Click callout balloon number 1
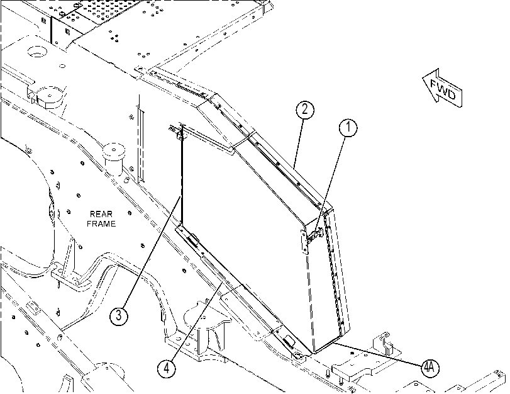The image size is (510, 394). (x=348, y=128)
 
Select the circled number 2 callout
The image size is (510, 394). (x=305, y=109)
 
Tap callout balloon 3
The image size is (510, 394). (x=119, y=315)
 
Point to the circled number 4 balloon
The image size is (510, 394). (x=167, y=369)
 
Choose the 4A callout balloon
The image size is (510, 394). (x=430, y=368)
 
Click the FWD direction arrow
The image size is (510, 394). (x=442, y=88)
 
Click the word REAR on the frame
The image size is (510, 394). (x=101, y=214)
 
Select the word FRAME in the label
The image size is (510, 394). (x=101, y=223)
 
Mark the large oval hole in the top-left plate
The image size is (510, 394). (x=37, y=52)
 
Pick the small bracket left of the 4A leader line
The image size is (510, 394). (x=385, y=344)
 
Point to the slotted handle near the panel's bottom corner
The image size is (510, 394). (x=289, y=341)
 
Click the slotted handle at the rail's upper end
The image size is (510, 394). (x=193, y=240)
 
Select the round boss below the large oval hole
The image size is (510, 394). (x=50, y=97)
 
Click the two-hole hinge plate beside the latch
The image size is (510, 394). (x=304, y=242)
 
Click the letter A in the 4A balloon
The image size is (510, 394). (x=432, y=368)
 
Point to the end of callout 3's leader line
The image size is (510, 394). (x=179, y=196)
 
